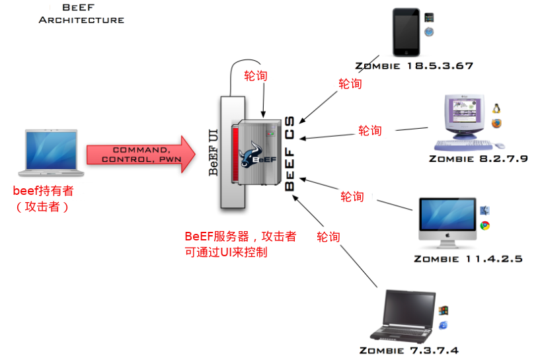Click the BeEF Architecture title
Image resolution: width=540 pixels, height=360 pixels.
pos(81,14)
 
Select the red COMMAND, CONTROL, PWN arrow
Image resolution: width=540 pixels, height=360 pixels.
pos(141,155)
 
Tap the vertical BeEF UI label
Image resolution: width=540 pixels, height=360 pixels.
pos(213,153)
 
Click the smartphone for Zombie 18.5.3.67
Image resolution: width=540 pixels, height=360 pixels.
pos(406,32)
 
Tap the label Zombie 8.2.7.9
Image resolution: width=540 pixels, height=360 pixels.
pos(478,159)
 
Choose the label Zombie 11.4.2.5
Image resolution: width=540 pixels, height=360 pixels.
pos(468,258)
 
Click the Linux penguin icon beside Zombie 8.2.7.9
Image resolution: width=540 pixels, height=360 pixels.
pos(496,108)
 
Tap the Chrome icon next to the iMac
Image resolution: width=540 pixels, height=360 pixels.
pos(485,225)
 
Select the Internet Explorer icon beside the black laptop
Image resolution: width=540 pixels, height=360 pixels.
pos(443,324)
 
